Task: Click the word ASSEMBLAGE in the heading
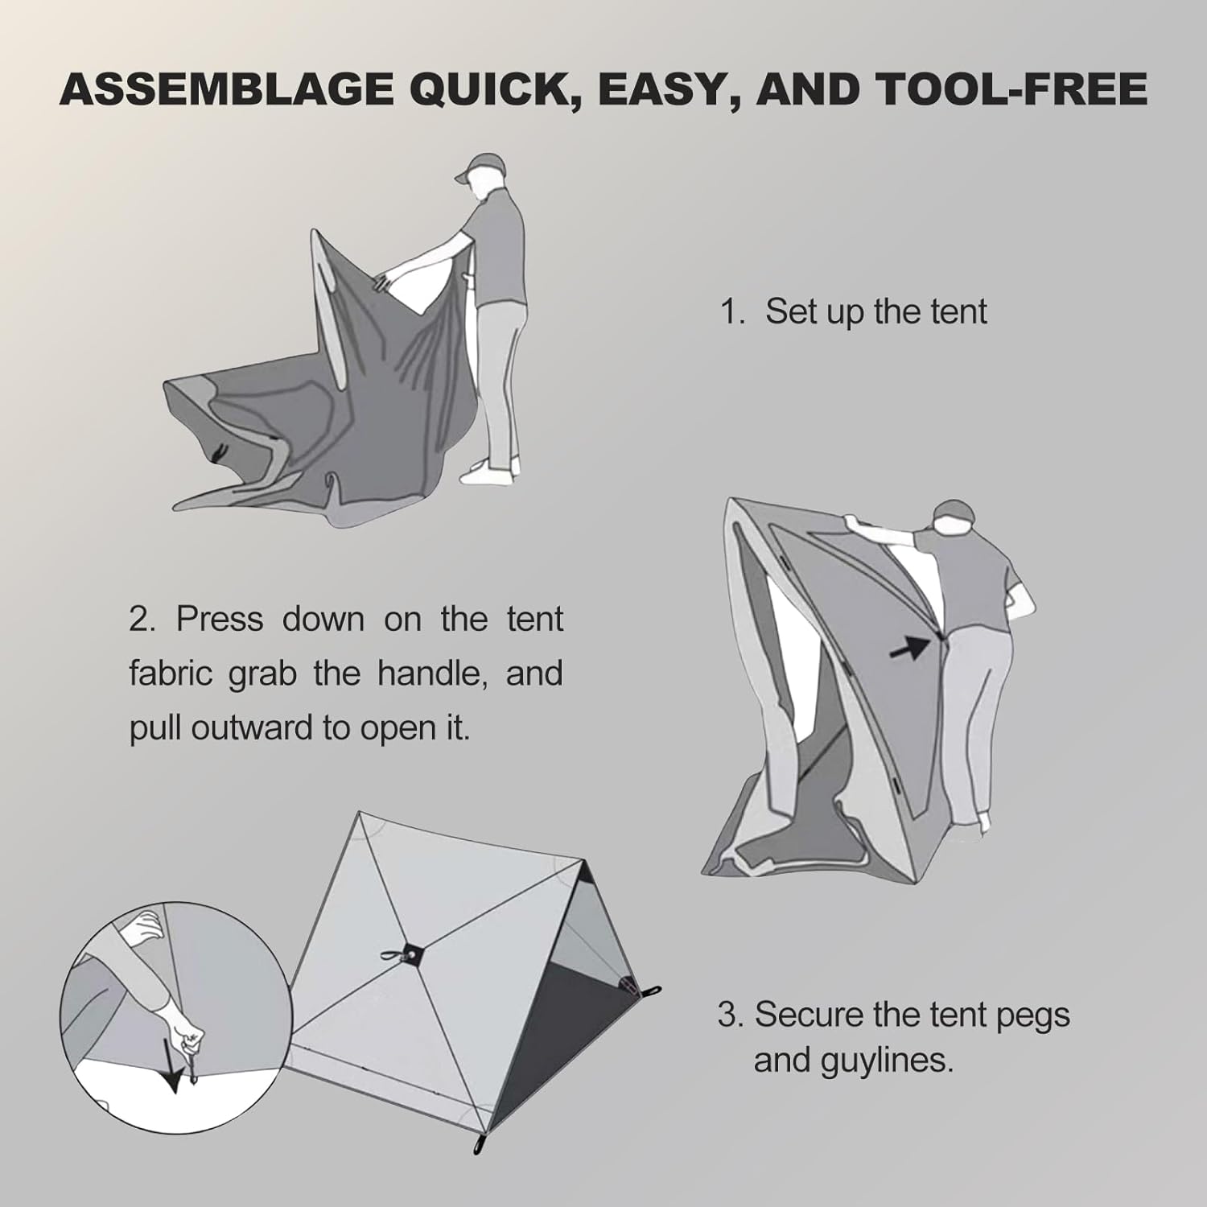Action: [x=228, y=89]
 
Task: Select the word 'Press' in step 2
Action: [x=220, y=619]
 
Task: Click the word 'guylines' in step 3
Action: [x=887, y=1062]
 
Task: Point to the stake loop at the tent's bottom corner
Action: [x=480, y=1144]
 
